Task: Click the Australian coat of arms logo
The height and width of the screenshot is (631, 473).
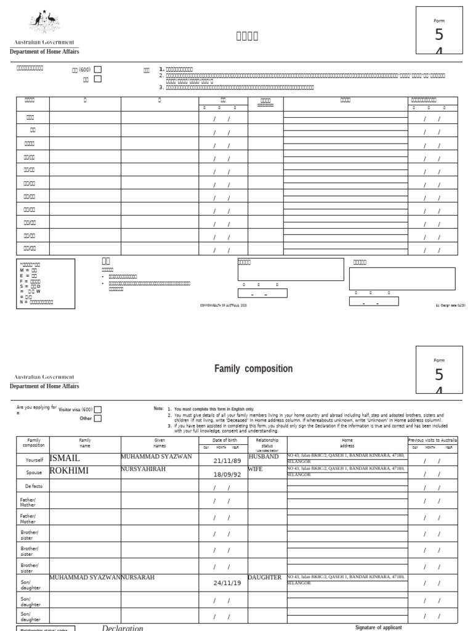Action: [44, 24]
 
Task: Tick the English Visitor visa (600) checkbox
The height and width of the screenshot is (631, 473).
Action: [98, 410]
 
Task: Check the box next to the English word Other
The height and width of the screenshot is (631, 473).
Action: [98, 419]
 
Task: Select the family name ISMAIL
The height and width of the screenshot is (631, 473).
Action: [65, 459]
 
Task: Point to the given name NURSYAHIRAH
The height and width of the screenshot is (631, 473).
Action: [144, 469]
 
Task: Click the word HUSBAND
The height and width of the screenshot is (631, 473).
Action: [264, 457]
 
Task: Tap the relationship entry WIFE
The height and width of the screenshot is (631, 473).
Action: [256, 469]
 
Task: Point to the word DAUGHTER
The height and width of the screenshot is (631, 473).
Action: [265, 577]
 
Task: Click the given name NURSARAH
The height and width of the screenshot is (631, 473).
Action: [138, 577]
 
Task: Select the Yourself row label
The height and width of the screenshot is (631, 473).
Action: [33, 460]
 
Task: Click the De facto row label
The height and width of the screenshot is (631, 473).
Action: [33, 486]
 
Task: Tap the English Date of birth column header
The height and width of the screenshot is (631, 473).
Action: [222, 440]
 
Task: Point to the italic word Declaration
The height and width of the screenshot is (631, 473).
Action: [122, 628]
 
